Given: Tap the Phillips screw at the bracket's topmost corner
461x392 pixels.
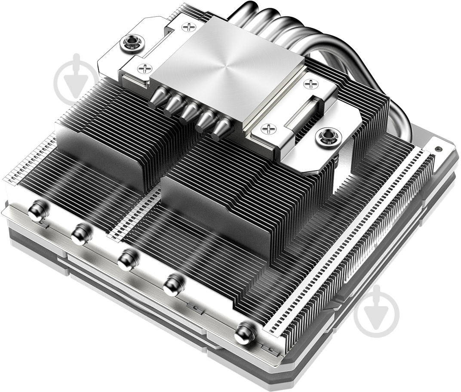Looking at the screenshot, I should tap(188, 27).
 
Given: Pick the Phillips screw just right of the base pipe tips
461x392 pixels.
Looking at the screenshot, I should tap(267, 128).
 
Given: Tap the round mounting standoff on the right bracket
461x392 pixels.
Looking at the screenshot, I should tap(329, 138).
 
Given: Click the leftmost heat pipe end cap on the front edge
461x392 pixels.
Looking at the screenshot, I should tap(37, 211).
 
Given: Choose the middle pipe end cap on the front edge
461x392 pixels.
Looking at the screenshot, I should tap(127, 260).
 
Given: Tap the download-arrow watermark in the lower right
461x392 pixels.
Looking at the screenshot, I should tap(377, 311).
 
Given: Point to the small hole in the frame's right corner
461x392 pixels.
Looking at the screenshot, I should tap(438, 150).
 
